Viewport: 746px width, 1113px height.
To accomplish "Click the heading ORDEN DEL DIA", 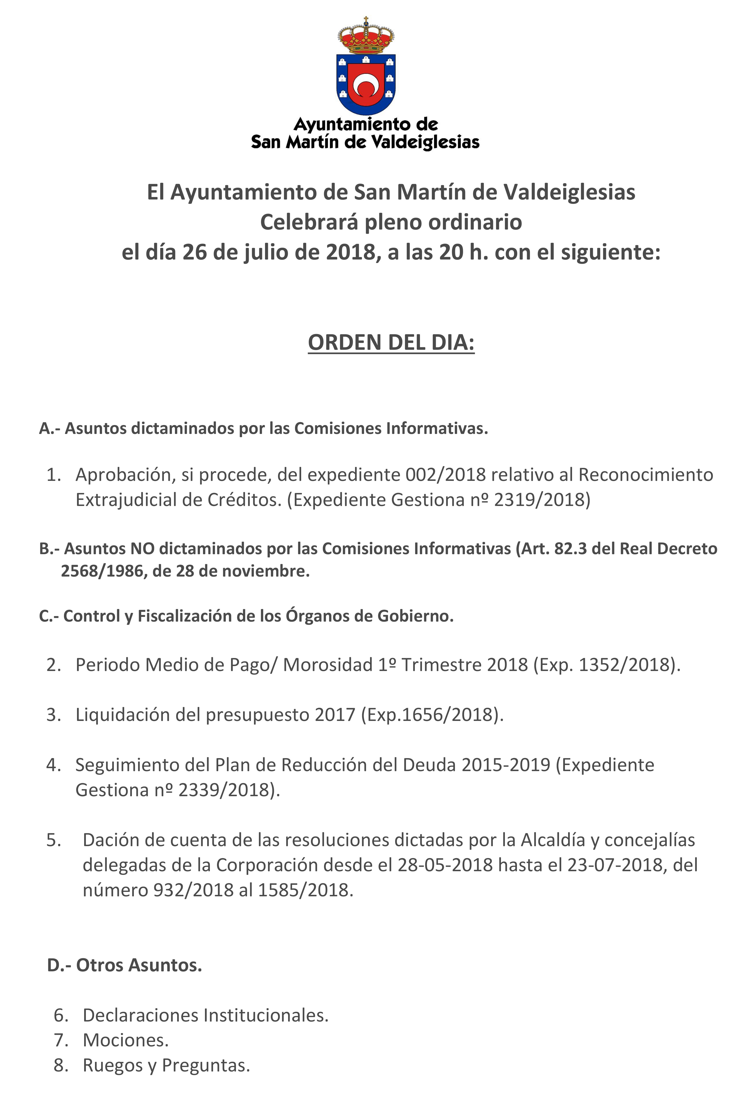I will (x=391, y=342).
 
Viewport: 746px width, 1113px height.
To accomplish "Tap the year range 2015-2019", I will (x=506, y=764).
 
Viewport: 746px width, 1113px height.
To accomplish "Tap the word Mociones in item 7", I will (x=125, y=1040).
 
